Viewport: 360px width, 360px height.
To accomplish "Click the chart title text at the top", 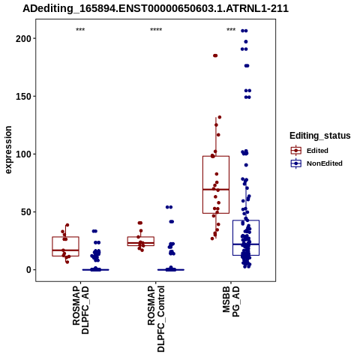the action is pos(155,9).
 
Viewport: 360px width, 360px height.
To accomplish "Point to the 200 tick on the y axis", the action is pos(23,38).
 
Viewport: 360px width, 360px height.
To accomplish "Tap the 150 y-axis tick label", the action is pos(23,96).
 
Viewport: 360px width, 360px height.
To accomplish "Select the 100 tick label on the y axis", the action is pos(23,154).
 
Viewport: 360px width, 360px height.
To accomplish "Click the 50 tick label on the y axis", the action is pos(25,212).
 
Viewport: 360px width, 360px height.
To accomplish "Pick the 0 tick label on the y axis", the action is pos(28,270).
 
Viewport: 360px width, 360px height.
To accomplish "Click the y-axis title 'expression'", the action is pos(8,150).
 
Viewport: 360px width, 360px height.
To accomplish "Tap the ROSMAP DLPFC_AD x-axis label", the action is pos(80,310).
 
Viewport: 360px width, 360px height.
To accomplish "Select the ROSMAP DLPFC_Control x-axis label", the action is pos(156,319).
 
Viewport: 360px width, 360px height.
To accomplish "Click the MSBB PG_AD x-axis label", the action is pos(231,301).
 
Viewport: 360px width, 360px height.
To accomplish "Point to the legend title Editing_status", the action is pos(320,136).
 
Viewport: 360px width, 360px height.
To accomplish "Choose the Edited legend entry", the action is pos(309,151).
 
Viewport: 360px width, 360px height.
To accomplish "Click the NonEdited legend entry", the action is pos(316,163).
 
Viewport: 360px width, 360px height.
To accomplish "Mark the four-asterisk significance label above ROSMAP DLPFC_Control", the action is pos(156,30).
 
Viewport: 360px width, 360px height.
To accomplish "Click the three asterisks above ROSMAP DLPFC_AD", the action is pos(80,30).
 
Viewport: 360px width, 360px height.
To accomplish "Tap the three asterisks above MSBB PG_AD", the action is pos(231,30).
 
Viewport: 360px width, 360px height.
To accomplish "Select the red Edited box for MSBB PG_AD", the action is pos(216,156).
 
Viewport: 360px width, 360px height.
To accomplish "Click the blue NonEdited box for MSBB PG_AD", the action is pos(246,220).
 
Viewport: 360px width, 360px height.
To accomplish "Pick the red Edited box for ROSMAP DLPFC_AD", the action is pos(66,237).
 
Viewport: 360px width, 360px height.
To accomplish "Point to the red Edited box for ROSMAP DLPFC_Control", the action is pos(141,237).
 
